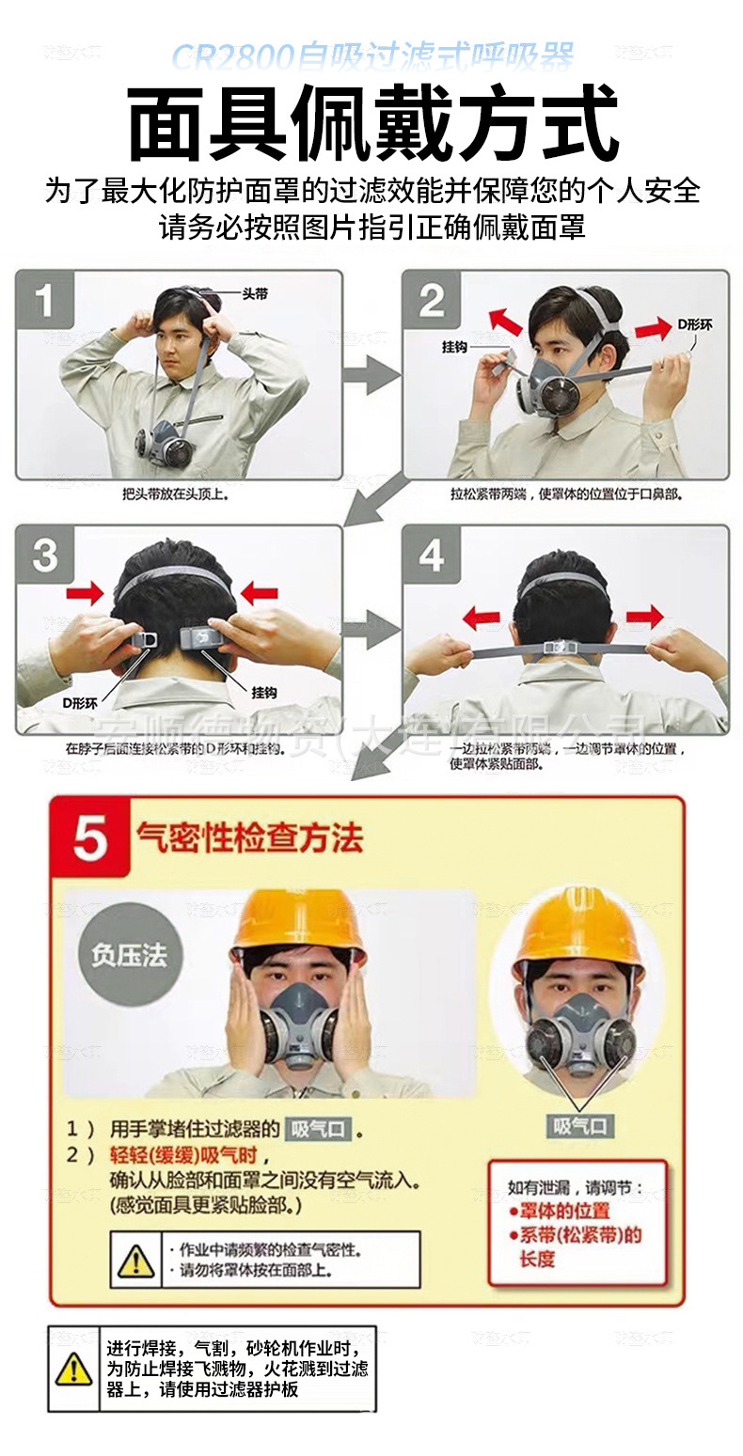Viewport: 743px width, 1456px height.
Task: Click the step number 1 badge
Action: pyautogui.click(x=44, y=301)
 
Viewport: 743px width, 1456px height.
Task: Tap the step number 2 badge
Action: pyautogui.click(x=432, y=301)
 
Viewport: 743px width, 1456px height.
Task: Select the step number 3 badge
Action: pyautogui.click(x=45, y=555)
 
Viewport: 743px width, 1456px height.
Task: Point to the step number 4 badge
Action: pyautogui.click(x=432, y=555)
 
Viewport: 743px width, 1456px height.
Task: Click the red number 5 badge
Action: pyautogui.click(x=89, y=838)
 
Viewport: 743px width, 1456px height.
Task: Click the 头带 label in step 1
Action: pyautogui.click(x=255, y=294)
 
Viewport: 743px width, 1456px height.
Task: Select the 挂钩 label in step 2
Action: pyautogui.click(x=455, y=347)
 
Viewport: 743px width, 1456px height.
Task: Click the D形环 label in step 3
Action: pyautogui.click(x=80, y=702)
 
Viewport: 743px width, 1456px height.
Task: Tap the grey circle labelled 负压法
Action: pyautogui.click(x=129, y=956)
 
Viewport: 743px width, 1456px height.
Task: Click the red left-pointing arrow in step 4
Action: pyautogui.click(x=481, y=618)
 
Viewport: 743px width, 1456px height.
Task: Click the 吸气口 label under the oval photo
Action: pyautogui.click(x=579, y=1125)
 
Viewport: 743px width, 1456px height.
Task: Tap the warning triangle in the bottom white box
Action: pyautogui.click(x=73, y=1369)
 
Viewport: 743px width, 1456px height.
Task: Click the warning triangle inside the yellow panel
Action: pyautogui.click(x=136, y=1260)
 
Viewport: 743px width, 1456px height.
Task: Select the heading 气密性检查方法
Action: pyautogui.click(x=249, y=837)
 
